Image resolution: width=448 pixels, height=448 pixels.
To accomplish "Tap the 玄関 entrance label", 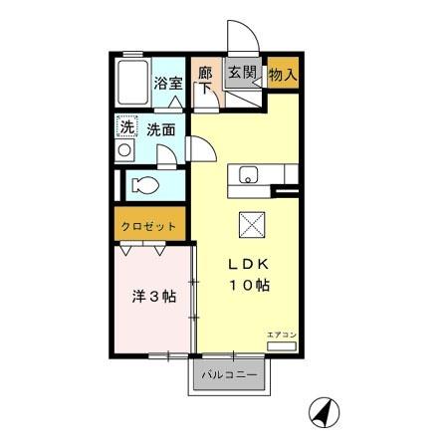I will click(x=241, y=73).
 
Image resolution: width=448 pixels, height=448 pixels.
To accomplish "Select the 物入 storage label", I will click(x=282, y=73).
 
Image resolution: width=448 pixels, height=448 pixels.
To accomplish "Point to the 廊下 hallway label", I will click(x=205, y=80).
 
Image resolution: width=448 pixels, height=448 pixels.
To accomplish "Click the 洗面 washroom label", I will click(x=161, y=128).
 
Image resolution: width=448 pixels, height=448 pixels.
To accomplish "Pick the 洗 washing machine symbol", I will click(x=126, y=126).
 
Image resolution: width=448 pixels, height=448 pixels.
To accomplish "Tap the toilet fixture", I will click(x=143, y=185).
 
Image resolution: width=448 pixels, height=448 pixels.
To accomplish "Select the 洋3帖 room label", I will click(x=155, y=296).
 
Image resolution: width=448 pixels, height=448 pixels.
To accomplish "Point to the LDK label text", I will click(x=251, y=265).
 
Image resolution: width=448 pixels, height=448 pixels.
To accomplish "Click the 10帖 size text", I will click(x=251, y=286).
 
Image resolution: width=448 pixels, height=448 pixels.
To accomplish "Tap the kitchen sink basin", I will click(x=246, y=176).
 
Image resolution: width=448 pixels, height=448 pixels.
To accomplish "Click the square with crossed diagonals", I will click(x=251, y=225).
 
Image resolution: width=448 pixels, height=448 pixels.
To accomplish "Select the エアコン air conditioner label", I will click(x=281, y=334).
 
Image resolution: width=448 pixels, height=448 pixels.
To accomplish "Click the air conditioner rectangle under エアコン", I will click(x=281, y=344).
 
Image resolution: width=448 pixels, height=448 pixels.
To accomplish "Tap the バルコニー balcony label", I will click(x=230, y=376).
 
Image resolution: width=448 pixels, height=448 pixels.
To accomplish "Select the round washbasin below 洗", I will click(x=125, y=149).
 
